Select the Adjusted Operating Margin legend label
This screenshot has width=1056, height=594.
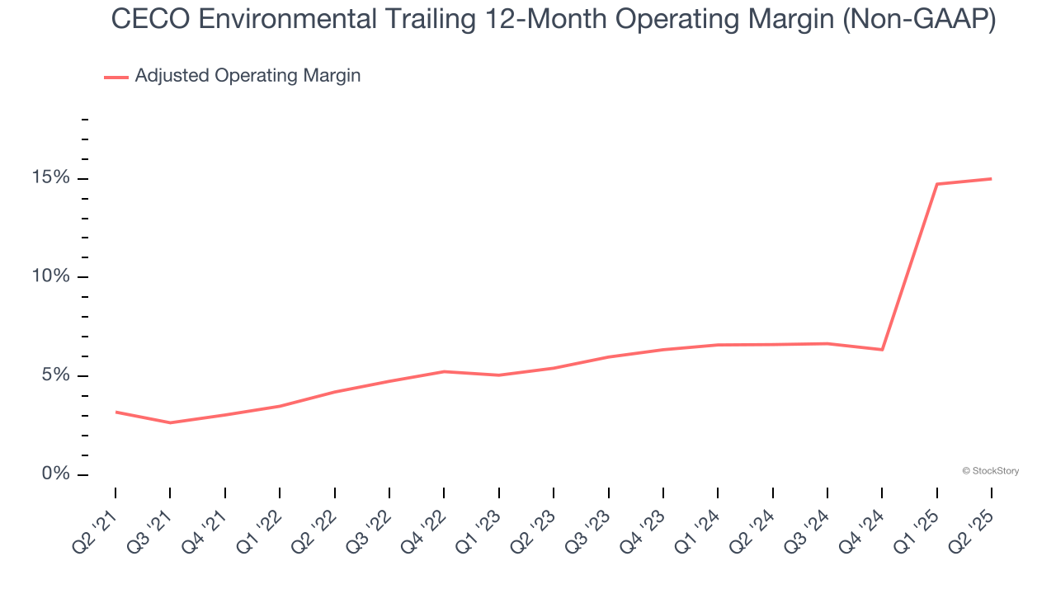[x=247, y=76]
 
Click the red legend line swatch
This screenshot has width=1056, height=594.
[x=115, y=77]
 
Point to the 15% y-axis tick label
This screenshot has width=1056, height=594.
[x=51, y=178]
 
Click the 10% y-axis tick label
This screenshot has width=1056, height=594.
[x=51, y=276]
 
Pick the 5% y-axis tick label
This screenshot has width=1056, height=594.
[x=55, y=375]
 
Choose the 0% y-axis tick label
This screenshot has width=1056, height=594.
[x=55, y=474]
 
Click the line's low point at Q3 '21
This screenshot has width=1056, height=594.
[x=170, y=422]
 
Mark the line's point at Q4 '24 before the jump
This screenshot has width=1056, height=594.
[x=882, y=350]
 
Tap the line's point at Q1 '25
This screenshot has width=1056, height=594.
[x=937, y=184]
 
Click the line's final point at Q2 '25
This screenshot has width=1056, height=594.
[x=991, y=179]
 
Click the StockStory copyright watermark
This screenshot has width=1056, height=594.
[x=990, y=471]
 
